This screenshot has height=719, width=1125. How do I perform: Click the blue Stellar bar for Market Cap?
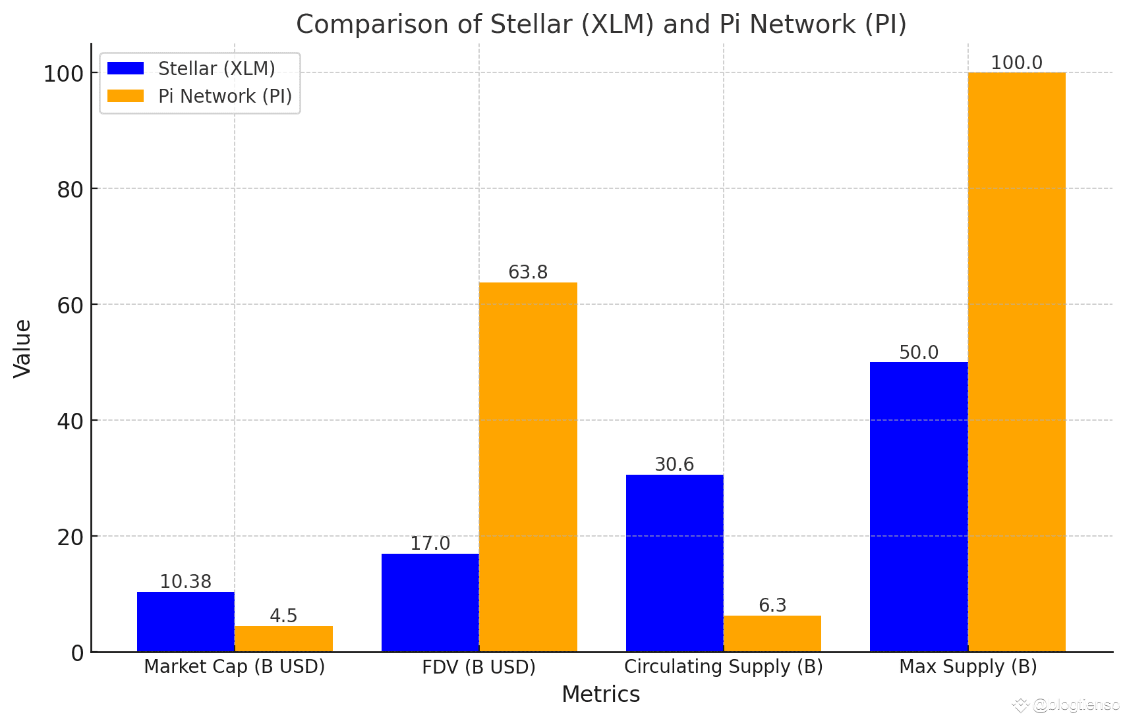186,622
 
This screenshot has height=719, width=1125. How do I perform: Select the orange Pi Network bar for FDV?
528,467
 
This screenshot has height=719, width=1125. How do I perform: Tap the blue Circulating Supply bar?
674,563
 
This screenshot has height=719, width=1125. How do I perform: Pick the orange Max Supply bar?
1016,362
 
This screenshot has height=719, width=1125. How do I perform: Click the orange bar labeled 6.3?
772,633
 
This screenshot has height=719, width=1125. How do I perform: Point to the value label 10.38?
186,582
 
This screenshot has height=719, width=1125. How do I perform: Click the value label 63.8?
528,272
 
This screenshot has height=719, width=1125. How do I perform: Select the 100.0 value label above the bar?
1016,63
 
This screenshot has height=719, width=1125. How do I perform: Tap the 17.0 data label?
430,544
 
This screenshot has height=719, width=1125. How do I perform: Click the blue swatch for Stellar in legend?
125,68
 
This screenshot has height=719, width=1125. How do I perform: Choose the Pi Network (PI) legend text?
225,96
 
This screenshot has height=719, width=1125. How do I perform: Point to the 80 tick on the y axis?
70,190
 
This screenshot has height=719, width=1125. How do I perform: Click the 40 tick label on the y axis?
70,421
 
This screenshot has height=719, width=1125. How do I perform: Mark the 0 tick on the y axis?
78,653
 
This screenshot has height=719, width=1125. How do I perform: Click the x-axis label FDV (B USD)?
479,667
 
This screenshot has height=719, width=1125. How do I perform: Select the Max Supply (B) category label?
967,667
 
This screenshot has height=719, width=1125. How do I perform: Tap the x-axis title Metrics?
600,695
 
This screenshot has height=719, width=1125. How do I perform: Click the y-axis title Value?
22,348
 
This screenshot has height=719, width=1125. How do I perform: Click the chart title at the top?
601,24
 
